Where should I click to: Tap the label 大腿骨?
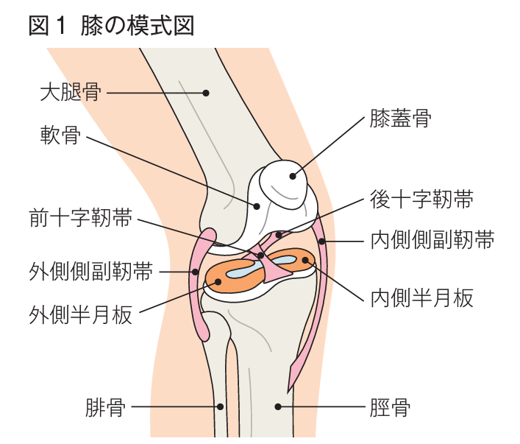(70, 94)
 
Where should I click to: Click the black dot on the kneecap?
(293, 175)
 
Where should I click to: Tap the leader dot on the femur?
(207, 94)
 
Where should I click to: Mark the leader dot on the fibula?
(220, 406)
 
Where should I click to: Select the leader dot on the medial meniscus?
(305, 260)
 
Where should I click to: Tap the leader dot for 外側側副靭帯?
(196, 271)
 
